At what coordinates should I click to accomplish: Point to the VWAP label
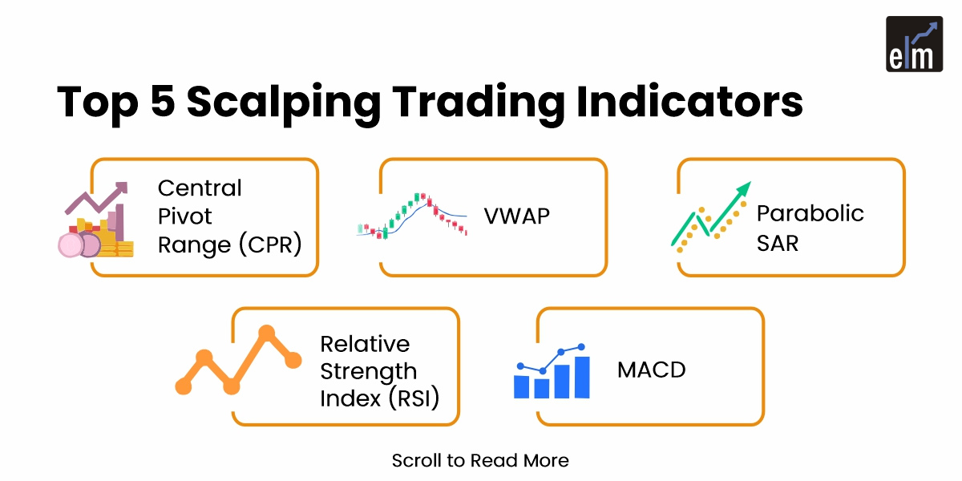coord(517,216)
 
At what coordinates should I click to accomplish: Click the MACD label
coord(652,370)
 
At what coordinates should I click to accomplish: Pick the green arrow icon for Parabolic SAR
coord(712,216)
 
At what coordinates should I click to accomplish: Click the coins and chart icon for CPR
coord(95,220)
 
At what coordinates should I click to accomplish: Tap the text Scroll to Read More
coord(480,461)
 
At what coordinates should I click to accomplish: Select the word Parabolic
coord(810,213)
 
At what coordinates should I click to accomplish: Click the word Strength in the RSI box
coord(368,371)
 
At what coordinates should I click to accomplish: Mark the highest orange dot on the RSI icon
coord(267,333)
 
